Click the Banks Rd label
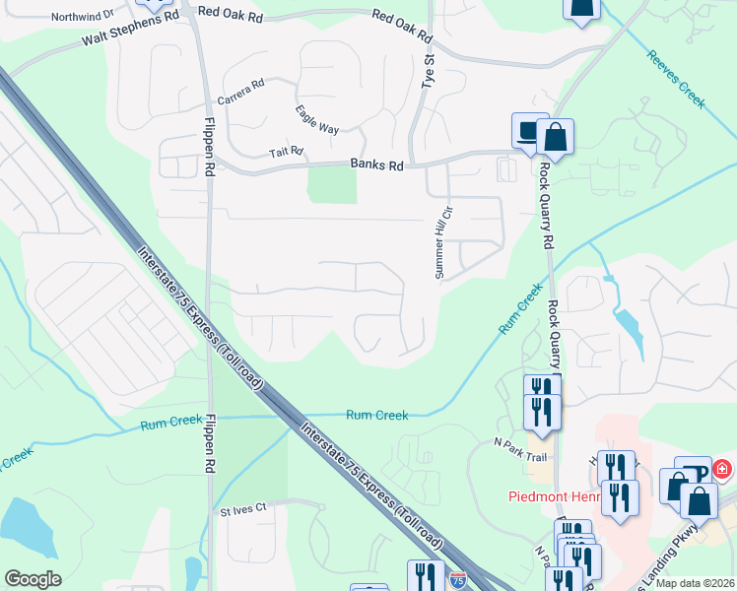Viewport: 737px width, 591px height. pos(376,166)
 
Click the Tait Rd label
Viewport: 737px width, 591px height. pos(286,153)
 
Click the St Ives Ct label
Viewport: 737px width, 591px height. pos(243,510)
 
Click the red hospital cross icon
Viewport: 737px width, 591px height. pos(724,470)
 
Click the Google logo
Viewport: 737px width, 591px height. pos(33,578)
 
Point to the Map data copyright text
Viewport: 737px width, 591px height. pos(695,583)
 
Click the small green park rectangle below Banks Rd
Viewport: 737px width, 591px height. pos(332,184)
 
